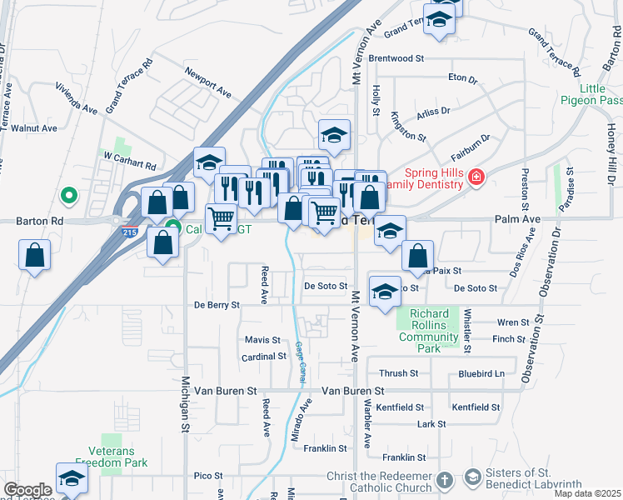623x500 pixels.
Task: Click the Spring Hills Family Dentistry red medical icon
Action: coord(476,177)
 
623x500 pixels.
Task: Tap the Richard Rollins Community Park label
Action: coord(429,331)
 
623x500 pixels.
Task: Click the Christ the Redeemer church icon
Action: coord(445,480)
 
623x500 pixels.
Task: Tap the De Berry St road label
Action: coord(217,305)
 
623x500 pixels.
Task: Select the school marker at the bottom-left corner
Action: coord(72,478)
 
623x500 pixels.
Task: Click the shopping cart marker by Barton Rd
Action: coord(221,219)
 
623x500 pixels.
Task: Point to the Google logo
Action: coord(27,490)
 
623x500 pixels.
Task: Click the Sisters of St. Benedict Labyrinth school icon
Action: coord(473,477)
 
